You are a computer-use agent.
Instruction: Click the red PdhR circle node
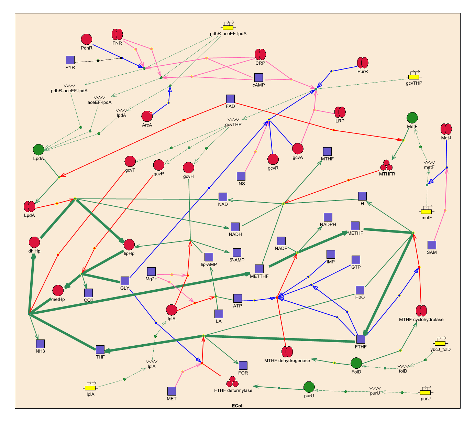pyautogui.click(x=87, y=39)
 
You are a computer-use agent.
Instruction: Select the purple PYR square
pyautogui.click(x=70, y=60)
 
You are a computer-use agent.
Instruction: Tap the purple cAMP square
pyautogui.click(x=258, y=77)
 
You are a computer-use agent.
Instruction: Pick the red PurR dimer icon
pyautogui.click(x=363, y=63)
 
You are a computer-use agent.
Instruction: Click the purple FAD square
pyautogui.click(x=230, y=99)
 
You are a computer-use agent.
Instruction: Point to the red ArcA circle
pyautogui.click(x=147, y=116)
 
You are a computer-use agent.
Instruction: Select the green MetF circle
pyautogui.click(x=412, y=118)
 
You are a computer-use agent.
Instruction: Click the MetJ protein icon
pyautogui.click(x=446, y=129)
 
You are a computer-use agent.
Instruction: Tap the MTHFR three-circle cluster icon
pyautogui.click(x=387, y=165)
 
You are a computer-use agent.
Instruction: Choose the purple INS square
pyautogui.click(x=241, y=176)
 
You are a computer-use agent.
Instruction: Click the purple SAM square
pyautogui.click(x=432, y=245)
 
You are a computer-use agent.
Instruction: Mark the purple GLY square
pyautogui.click(x=125, y=281)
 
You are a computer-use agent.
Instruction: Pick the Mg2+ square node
pyautogui.click(x=151, y=271)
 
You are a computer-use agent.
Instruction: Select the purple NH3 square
pyautogui.click(x=41, y=344)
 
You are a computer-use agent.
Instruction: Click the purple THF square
pyautogui.click(x=100, y=349)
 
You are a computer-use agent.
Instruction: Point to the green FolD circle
pyautogui.click(x=356, y=363)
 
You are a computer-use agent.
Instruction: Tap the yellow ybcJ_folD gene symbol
pyautogui.click(x=440, y=343)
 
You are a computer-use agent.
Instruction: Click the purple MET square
pyautogui.click(x=172, y=391)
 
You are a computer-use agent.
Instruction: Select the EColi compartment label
pyautogui.click(x=237, y=406)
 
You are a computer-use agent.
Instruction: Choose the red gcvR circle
pyautogui.click(x=273, y=159)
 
